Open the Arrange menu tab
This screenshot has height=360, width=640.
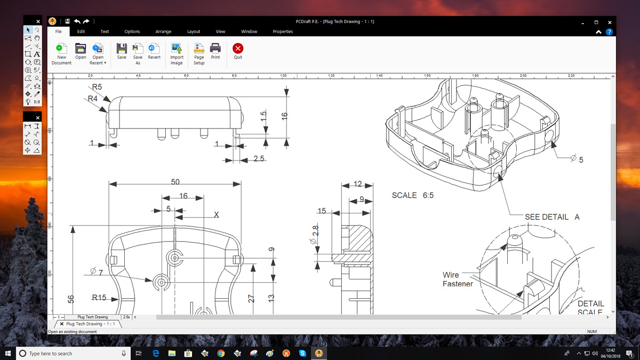[x=163, y=31]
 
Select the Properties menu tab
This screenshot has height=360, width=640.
[x=283, y=31]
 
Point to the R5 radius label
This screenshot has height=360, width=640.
[x=97, y=87]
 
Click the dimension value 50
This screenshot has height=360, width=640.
[x=175, y=182]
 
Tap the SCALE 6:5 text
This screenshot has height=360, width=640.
[x=412, y=196]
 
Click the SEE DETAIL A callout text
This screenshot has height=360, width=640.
[x=552, y=217]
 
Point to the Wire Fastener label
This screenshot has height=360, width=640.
[x=457, y=279]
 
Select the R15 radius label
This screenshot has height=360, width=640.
[x=99, y=298]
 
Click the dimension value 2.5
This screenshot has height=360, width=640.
[x=259, y=159]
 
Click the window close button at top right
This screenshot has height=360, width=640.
[x=609, y=22]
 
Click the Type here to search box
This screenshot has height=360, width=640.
[x=69, y=353]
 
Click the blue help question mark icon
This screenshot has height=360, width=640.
[x=609, y=32]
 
